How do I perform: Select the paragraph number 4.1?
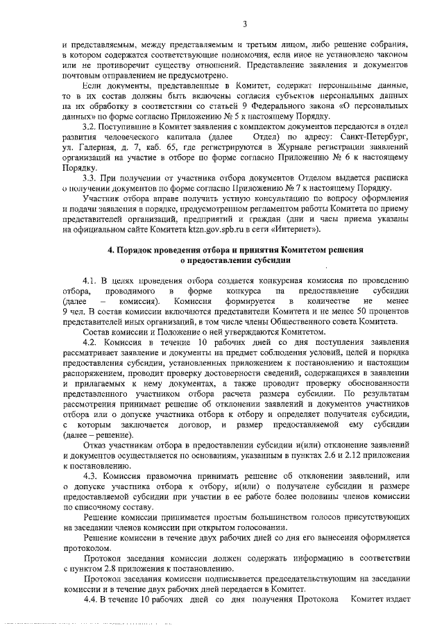tap(90, 280)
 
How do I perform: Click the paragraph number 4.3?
tap(90, 476)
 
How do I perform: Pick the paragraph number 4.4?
tap(90, 599)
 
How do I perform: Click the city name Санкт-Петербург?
tap(373, 139)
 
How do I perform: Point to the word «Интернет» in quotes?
tap(298, 228)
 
